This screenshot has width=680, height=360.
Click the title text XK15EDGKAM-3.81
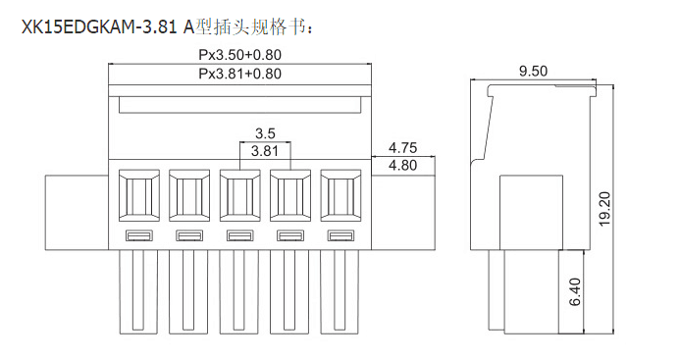pyautogui.click(x=100, y=26)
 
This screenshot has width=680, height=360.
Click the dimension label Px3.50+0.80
pyautogui.click(x=239, y=55)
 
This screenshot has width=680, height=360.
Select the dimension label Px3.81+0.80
pyautogui.click(x=239, y=74)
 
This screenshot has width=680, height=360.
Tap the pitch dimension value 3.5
pyautogui.click(x=265, y=132)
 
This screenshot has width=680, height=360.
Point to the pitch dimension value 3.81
pyautogui.click(x=265, y=151)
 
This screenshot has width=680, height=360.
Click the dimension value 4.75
pyautogui.click(x=403, y=148)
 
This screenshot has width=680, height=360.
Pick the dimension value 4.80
pyautogui.click(x=403, y=165)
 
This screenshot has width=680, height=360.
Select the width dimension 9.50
pyautogui.click(x=533, y=71)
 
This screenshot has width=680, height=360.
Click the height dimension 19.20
pyautogui.click(x=604, y=209)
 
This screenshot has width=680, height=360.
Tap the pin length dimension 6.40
pyautogui.click(x=575, y=292)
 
